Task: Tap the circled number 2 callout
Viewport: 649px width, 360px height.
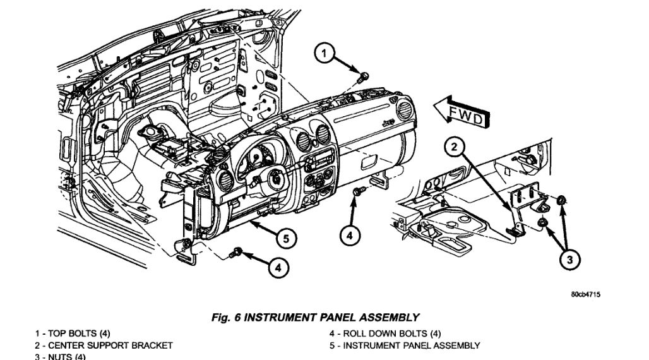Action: (x=453, y=148)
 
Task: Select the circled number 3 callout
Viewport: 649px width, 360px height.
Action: (x=571, y=258)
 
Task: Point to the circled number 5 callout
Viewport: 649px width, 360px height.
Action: (x=286, y=239)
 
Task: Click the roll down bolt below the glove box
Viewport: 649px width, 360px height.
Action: (x=357, y=191)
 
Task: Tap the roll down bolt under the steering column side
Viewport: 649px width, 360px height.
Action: (x=238, y=252)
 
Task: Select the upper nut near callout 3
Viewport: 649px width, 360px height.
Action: (x=561, y=201)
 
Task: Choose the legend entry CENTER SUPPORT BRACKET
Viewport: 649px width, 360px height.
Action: (x=104, y=345)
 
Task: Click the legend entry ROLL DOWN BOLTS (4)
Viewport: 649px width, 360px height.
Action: (x=387, y=333)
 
